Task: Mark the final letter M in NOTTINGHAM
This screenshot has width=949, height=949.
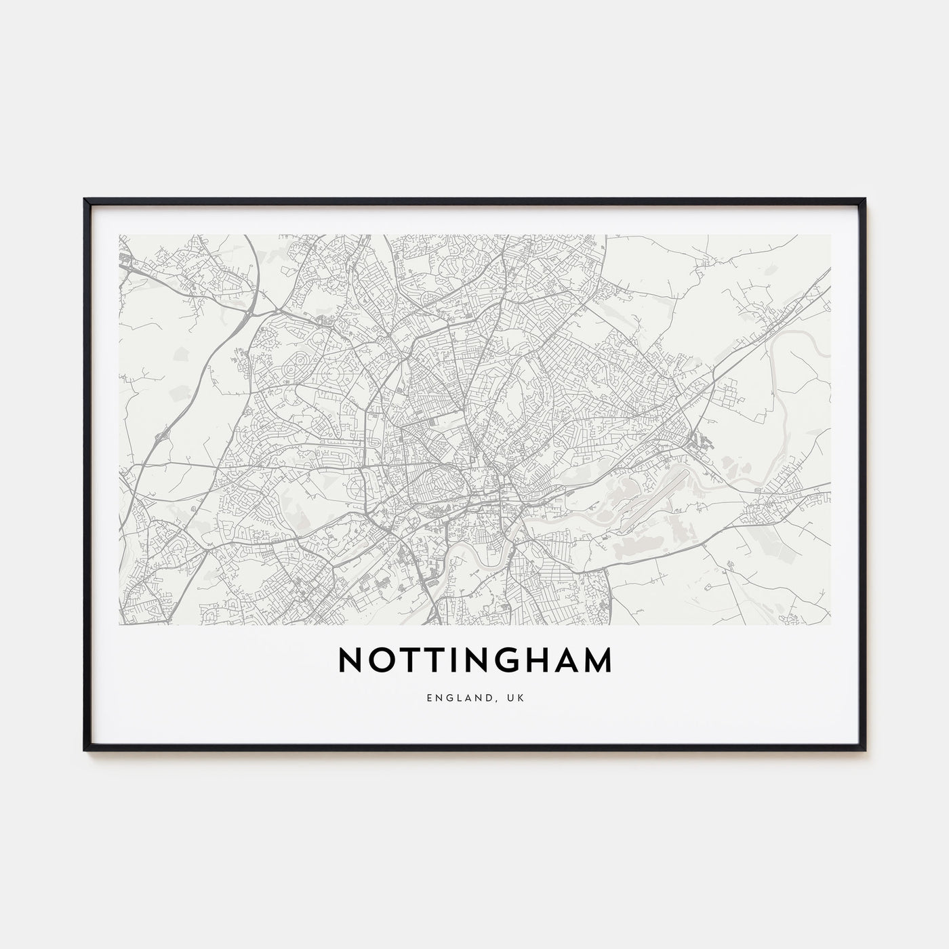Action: (600, 661)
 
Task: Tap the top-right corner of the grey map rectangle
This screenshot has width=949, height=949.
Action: (830, 235)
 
